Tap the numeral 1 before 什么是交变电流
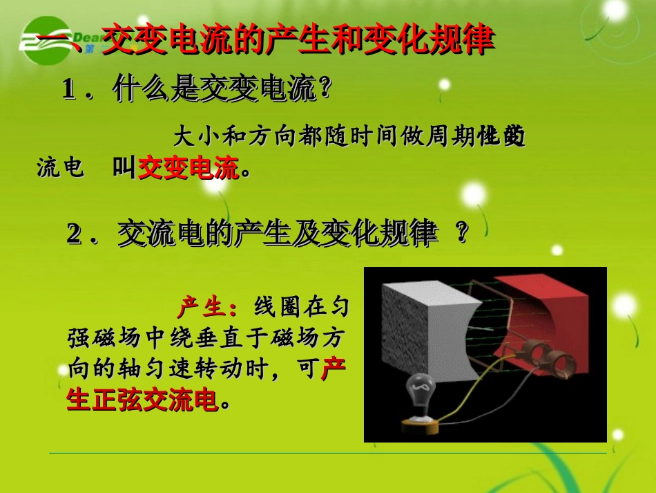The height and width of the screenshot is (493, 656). pyautogui.click(x=69, y=90)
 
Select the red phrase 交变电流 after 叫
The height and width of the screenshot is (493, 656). pyautogui.click(x=188, y=168)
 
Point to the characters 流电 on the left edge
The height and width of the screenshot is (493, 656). pyautogui.click(x=60, y=168)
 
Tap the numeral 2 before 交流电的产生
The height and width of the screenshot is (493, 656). pyautogui.click(x=74, y=234)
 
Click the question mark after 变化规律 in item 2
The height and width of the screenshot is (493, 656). pyautogui.click(x=463, y=234)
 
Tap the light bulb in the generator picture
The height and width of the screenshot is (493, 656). pyautogui.click(x=418, y=395)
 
